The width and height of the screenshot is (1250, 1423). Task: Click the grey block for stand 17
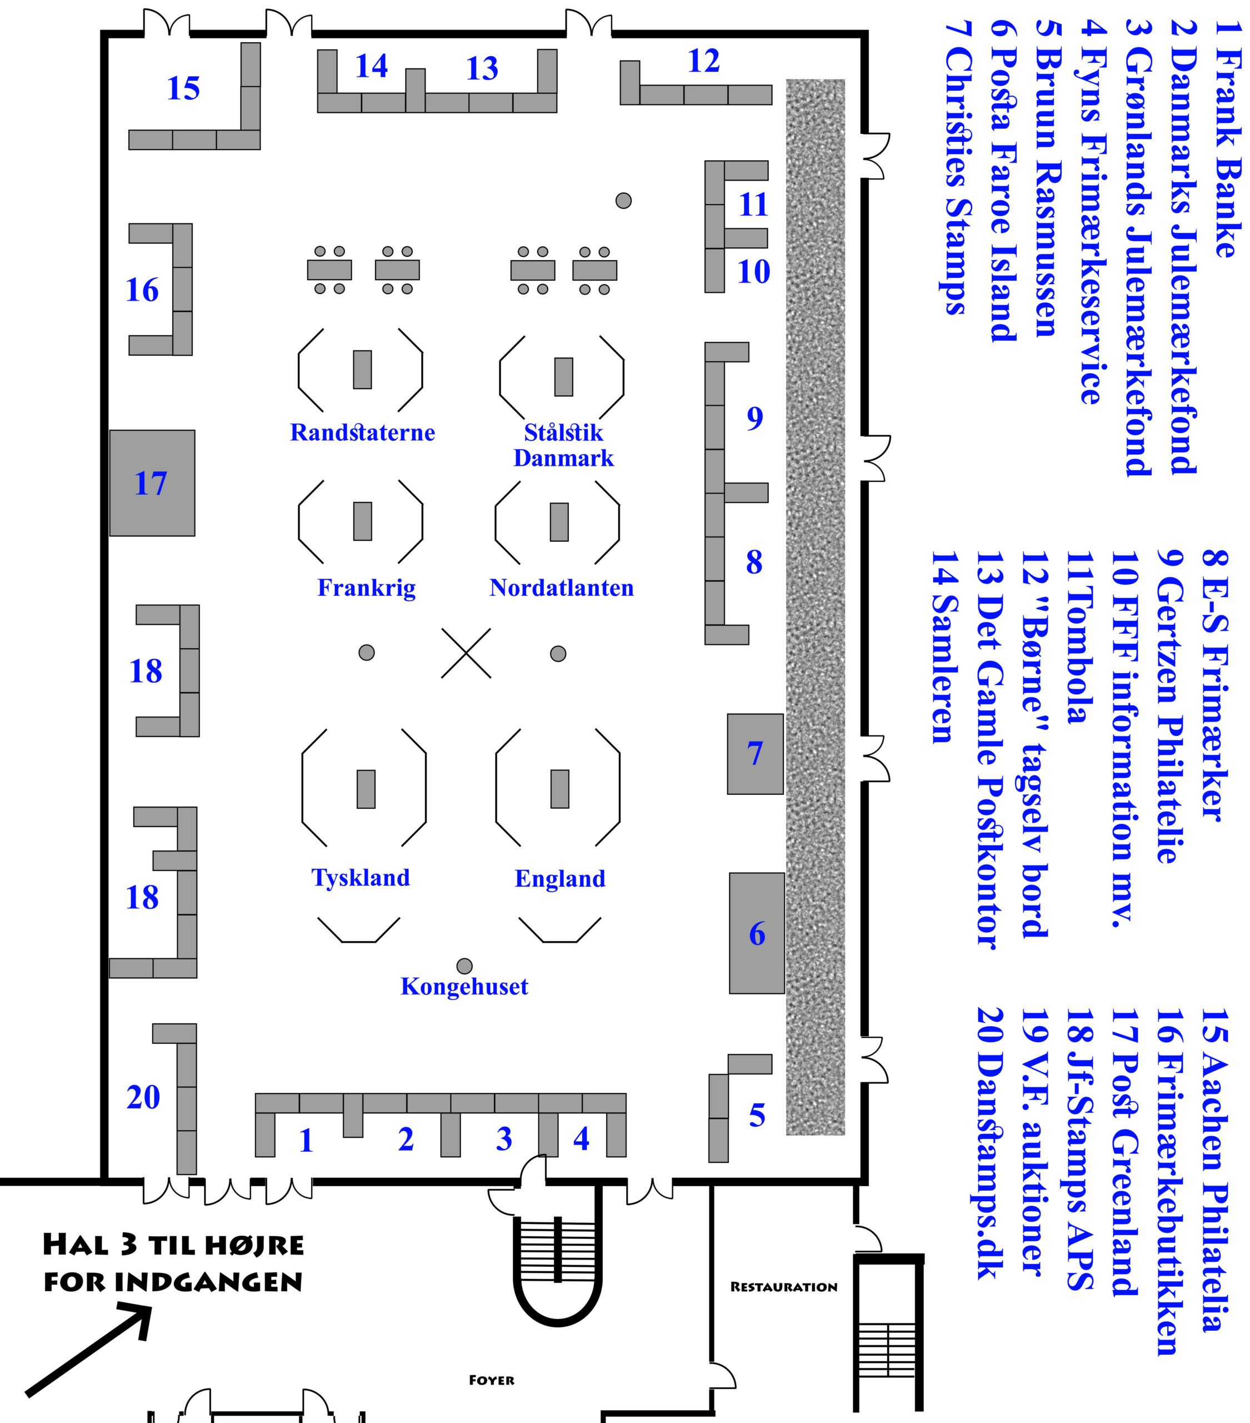coord(152,483)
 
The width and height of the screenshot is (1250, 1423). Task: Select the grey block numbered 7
coord(755,754)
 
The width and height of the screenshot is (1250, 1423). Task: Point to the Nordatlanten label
coord(561,588)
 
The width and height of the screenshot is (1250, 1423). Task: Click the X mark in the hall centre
coord(466,653)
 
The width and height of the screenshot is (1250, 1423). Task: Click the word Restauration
coord(784,1287)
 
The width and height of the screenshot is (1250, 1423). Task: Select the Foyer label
coord(491,1380)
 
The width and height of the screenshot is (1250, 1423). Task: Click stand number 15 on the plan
coord(183,88)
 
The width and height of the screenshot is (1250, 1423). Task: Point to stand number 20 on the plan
coord(143,1098)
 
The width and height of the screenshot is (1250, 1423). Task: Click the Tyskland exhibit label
coord(361,877)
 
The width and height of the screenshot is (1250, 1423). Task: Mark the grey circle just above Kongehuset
coord(464,966)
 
